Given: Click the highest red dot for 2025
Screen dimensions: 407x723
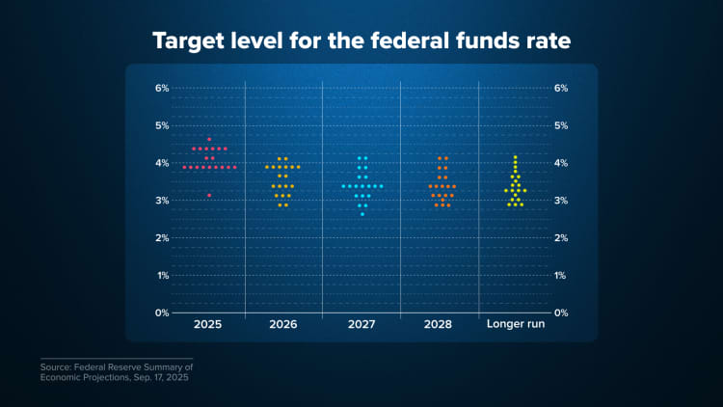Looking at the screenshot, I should coord(209,140).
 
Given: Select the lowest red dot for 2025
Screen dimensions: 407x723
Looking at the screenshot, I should coord(209,195).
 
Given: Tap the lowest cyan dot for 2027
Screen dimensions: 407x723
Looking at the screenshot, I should coord(362,214).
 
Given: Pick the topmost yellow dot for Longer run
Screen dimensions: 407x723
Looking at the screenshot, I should coord(516,157).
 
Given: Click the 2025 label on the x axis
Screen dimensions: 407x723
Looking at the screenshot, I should coord(207,325).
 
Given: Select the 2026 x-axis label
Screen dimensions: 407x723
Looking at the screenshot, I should coord(282,325).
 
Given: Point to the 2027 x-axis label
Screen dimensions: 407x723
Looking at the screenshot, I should coord(362,325).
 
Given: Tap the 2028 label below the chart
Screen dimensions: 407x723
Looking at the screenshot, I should coord(439,325).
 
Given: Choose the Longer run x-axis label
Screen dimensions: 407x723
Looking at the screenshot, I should coord(516,325).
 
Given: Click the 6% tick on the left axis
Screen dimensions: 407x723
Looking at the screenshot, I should coord(162,88).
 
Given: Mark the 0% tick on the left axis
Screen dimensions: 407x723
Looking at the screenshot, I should coord(162,312).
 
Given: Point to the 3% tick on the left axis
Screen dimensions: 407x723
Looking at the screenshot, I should coord(162,201).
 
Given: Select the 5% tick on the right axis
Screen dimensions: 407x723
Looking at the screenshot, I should coord(561,125).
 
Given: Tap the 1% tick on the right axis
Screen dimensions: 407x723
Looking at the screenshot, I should coord(561,275).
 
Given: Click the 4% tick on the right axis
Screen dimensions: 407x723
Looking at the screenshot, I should coord(561,163).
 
